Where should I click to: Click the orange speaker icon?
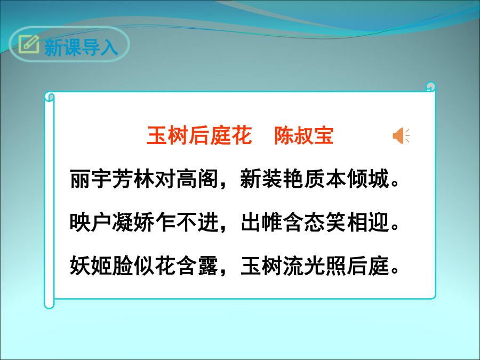pos(401,135)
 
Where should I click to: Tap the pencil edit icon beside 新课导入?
pos(29,44)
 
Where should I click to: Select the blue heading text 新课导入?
pos(81,47)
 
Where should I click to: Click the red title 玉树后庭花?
pos(199,135)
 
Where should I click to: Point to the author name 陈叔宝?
pos(303,135)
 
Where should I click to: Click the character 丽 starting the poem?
pos(80,179)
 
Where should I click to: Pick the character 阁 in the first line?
pos(208,179)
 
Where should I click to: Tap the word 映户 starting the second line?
pos(91,222)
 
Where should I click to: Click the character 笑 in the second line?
pos(336,222)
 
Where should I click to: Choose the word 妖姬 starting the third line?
pos(91,265)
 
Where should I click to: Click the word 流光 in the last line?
pos(304,265)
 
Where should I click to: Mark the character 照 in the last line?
pos(336,265)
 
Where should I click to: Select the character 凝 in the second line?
pos(123,222)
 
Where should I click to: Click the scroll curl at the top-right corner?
pos(431,86)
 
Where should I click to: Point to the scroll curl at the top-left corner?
pos(50,97)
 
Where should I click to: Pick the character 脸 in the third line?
pos(123,265)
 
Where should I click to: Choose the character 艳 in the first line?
pos(293,179)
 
